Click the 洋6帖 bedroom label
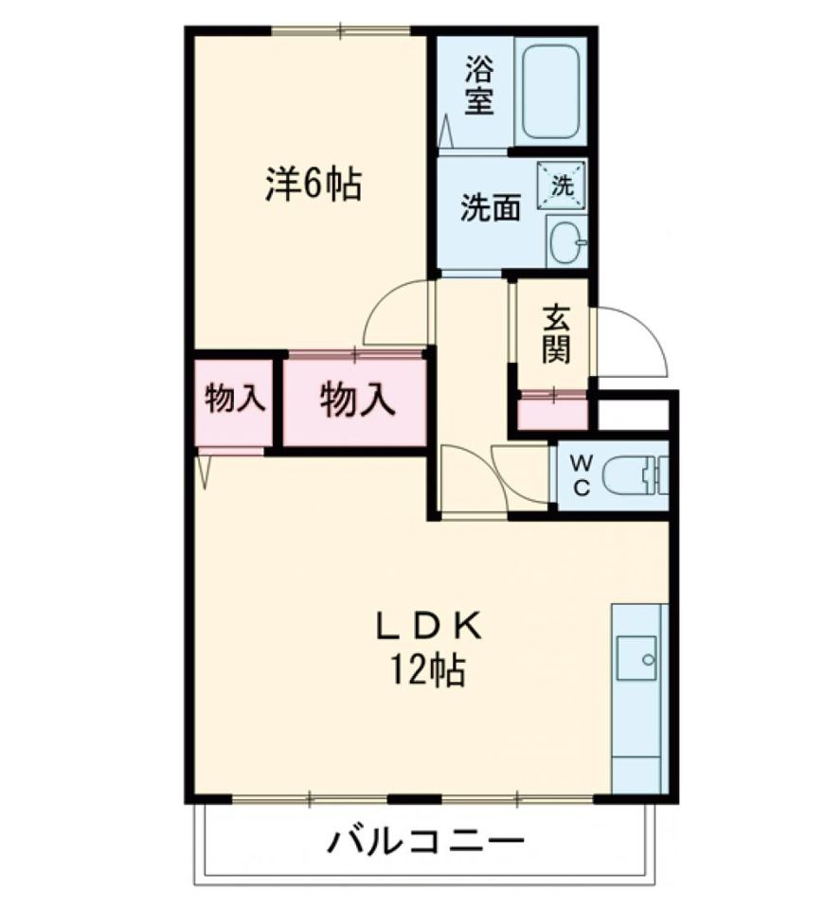[x=313, y=184]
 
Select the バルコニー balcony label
[x=426, y=840]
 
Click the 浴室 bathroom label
[x=478, y=85]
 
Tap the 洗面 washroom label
[x=491, y=208]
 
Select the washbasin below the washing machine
[x=565, y=242]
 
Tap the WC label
[x=583, y=476]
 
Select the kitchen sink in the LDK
[x=637, y=657]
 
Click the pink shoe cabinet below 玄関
[x=553, y=413]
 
